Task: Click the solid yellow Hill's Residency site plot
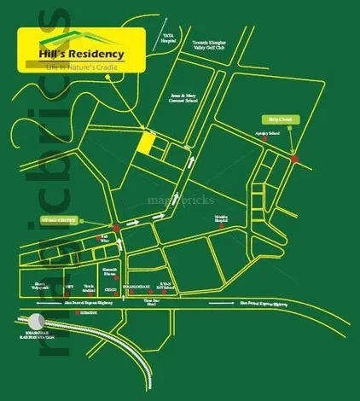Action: [x=148, y=144]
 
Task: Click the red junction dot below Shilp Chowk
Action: [x=294, y=159]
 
